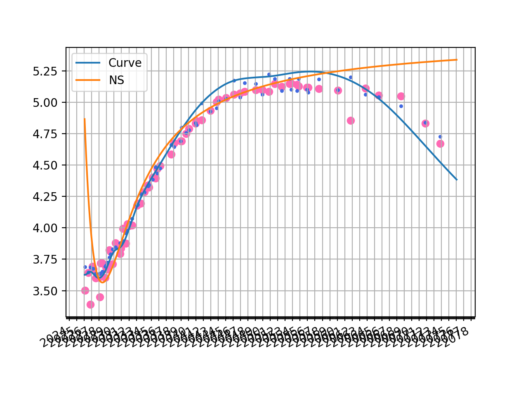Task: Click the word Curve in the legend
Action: [125, 63]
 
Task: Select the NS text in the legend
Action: [116, 80]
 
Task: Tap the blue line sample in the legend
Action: [88, 63]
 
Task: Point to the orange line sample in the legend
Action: [88, 80]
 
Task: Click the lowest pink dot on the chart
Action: [90, 304]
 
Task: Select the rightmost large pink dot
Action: [440, 144]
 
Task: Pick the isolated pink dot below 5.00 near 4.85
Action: [351, 120]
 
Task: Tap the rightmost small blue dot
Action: [440, 137]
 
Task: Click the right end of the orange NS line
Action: [457, 60]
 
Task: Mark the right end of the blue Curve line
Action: [457, 179]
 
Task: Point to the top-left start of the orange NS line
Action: [85, 119]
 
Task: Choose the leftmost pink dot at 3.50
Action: [85, 290]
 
